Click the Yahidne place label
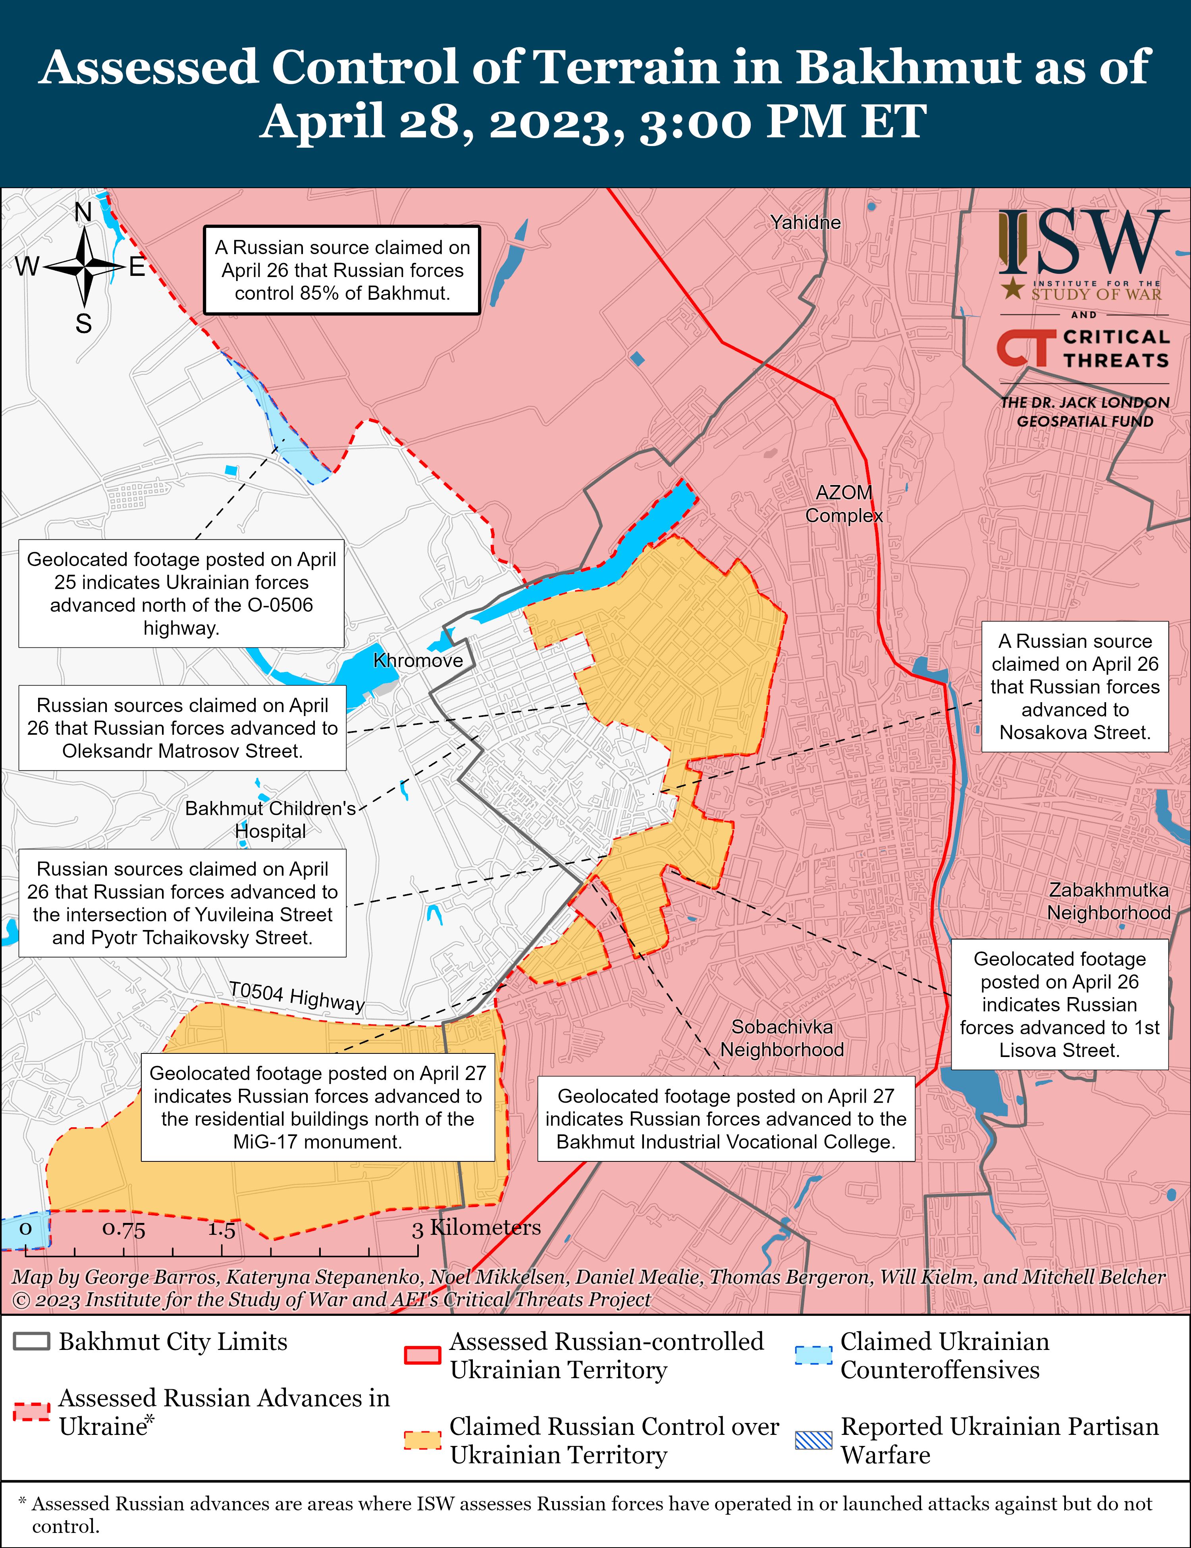806,223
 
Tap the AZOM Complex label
844,504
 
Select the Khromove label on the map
418,660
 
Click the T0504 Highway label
296,996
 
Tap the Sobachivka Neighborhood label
782,1038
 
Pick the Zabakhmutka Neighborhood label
1109,901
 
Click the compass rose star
84,267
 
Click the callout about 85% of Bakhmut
342,270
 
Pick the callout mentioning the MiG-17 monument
318,1107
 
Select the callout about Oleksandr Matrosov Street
182,728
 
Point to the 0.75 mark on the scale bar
123,1228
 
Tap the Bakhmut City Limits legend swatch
32,1342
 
